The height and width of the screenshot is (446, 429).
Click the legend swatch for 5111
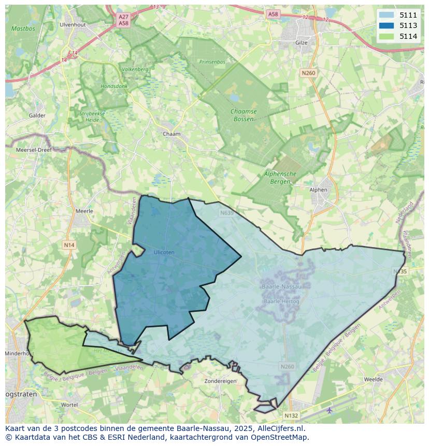pyautogui.click(x=387, y=15)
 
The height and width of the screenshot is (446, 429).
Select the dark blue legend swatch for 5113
pyautogui.click(x=387, y=25)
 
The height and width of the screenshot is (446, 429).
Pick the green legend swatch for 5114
pyautogui.click(x=387, y=36)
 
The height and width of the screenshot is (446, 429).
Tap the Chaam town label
pyautogui.click(x=171, y=134)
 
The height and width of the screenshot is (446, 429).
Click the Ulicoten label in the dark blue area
pyautogui.click(x=164, y=252)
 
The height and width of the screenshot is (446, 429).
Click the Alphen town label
pyautogui.click(x=318, y=190)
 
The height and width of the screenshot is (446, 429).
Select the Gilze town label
pyautogui.click(x=301, y=42)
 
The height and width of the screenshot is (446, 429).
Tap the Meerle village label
pyautogui.click(x=84, y=211)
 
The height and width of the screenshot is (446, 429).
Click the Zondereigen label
pyautogui.click(x=220, y=381)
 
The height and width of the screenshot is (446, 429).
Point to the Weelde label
pyautogui.click(x=373, y=379)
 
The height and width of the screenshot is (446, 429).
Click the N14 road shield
pyautogui.click(x=69, y=244)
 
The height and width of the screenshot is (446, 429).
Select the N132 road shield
pyautogui.click(x=291, y=415)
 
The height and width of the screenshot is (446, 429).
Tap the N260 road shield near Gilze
pyautogui.click(x=308, y=73)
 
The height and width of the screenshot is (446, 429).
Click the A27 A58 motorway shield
pyautogui.click(x=123, y=20)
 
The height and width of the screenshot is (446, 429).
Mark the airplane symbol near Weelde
pyautogui.click(x=330, y=410)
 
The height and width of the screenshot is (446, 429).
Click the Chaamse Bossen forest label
pyautogui.click(x=244, y=115)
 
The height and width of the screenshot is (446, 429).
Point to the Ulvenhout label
pyautogui.click(x=72, y=24)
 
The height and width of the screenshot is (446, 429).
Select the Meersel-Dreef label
pyautogui.click(x=34, y=149)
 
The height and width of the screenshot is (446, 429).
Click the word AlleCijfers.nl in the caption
pyautogui.click(x=281, y=428)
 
